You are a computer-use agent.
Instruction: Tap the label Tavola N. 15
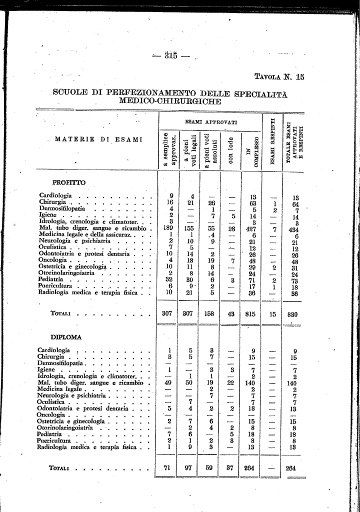point(279,77)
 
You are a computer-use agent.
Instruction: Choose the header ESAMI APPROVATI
point(210,121)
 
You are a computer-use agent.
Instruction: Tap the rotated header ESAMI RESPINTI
point(272,141)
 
